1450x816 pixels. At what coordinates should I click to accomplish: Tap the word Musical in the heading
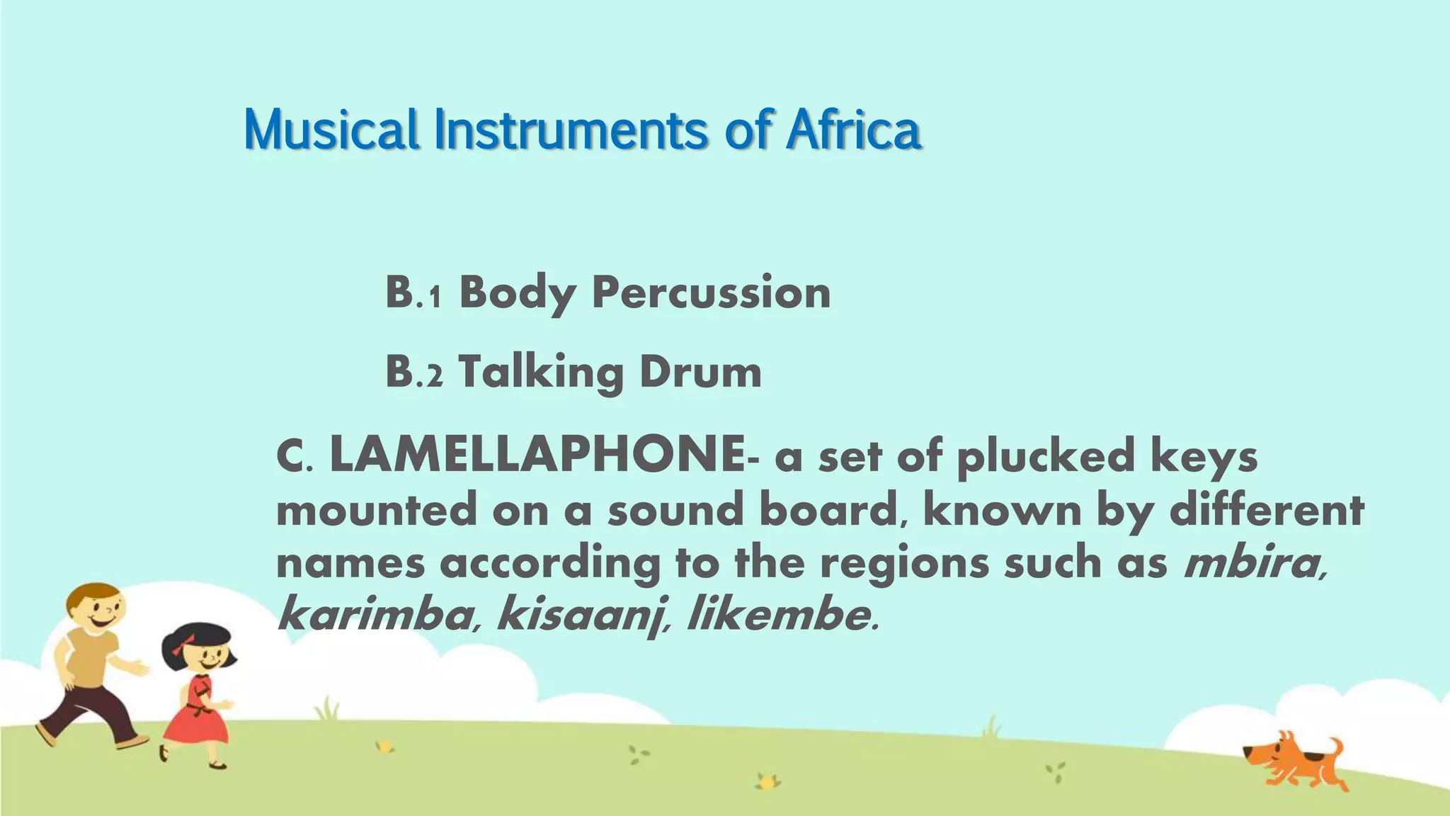331,130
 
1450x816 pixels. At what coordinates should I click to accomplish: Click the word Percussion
711,292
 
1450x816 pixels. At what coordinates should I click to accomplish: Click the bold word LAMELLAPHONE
537,455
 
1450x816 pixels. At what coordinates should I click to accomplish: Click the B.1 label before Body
413,292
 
